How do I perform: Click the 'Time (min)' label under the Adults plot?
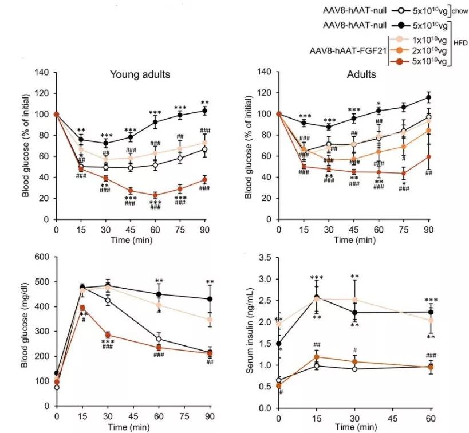(353, 239)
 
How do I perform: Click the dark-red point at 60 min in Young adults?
(155, 195)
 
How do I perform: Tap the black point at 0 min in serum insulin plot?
(279, 344)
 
